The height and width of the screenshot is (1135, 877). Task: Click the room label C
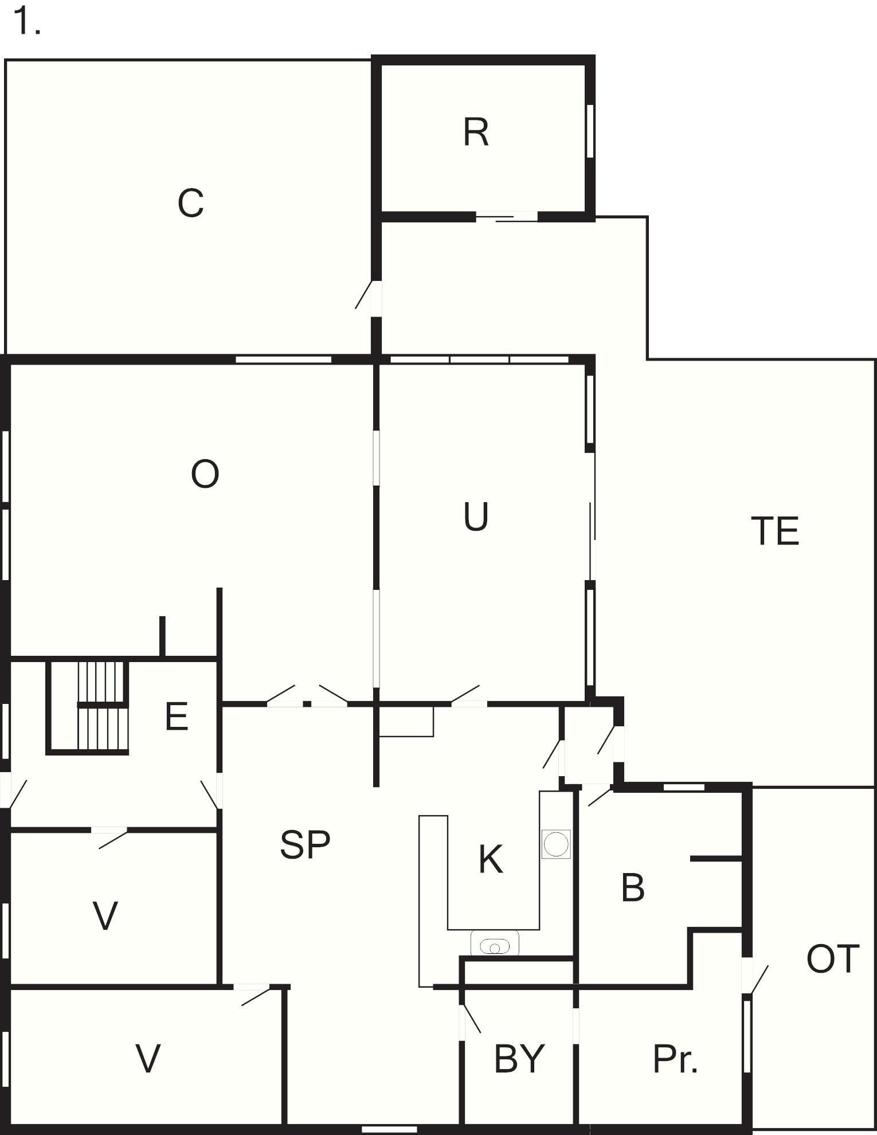pos(190,203)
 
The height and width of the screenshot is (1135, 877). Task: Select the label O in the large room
pos(205,475)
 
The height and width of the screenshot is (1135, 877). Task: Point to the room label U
pos(476,516)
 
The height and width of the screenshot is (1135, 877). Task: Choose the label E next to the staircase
pos(177,717)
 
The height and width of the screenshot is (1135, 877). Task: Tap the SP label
pos(305,844)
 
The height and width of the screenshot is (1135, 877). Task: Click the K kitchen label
pos(491,860)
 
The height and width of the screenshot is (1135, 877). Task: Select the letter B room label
pos(633,888)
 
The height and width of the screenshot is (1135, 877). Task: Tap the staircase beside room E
pos(88,707)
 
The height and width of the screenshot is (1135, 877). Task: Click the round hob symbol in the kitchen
pos(556,844)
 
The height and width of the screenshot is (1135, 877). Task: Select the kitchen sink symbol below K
pos(495,943)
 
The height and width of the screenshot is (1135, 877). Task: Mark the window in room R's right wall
pos(590,130)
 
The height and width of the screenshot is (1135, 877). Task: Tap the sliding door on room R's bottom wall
pos(507,216)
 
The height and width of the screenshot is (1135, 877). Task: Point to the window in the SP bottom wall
pos(390,1129)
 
